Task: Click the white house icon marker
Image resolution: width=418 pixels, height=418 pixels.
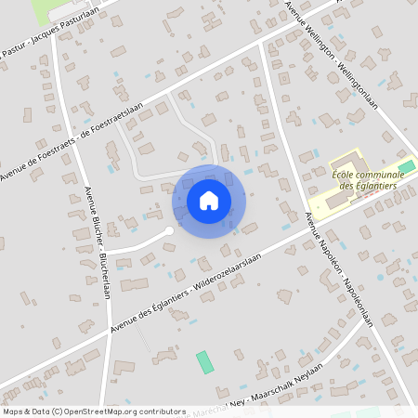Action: tap(209, 201)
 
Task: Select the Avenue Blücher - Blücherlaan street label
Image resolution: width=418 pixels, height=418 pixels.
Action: tap(97, 242)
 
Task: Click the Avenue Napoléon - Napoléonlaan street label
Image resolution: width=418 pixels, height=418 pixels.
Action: tap(339, 268)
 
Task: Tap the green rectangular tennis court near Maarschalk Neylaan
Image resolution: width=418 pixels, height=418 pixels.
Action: tap(204, 362)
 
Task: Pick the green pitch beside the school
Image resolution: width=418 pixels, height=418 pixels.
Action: tap(406, 166)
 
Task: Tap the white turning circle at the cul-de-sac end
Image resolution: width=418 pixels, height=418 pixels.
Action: tap(168, 230)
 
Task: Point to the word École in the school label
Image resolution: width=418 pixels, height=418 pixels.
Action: tap(346, 171)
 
